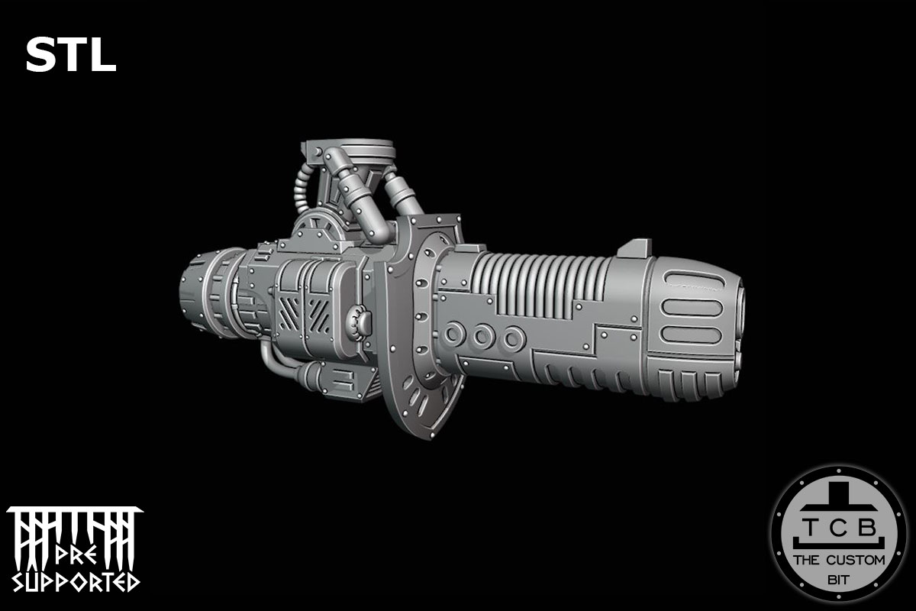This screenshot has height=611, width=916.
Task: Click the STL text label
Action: click(70, 56)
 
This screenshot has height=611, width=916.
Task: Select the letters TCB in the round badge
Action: click(838, 527)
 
